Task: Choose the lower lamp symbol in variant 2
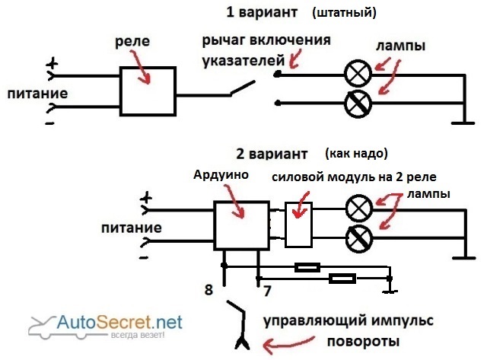pos(358,240)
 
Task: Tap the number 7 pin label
pos(266,290)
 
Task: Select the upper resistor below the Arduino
pos(307,267)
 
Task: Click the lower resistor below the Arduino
pos(342,279)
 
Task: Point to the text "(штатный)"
pos(344,13)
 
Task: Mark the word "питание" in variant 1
pos(37,94)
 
